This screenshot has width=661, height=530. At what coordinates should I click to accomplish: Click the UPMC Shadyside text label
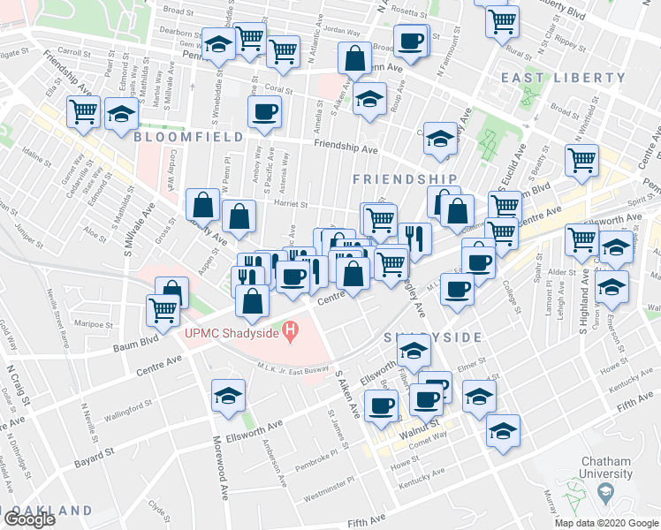pyautogui.click(x=232, y=333)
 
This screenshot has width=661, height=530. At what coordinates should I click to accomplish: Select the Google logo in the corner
pyautogui.click(x=29, y=519)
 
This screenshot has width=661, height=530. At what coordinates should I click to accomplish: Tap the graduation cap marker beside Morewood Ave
pyautogui.click(x=229, y=395)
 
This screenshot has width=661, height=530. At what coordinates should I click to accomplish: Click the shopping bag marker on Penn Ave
pyautogui.click(x=354, y=59)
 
